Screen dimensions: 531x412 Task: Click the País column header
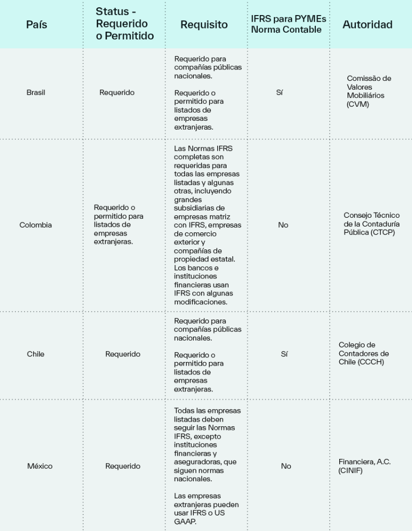pos(36,24)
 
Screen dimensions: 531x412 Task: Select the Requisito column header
pos(204,24)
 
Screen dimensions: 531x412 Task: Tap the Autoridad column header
pos(367,24)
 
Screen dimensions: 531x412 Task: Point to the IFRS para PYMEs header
pos(288,24)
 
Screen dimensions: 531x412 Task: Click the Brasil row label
pos(36,92)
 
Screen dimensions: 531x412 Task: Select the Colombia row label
pos(36,225)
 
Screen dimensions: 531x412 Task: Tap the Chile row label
pos(36,354)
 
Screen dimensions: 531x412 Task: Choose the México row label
pos(39,466)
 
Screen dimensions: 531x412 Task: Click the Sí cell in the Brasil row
pos(280,92)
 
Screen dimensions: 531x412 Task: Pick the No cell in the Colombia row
pos(283,225)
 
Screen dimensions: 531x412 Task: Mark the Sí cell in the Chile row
pos(284,354)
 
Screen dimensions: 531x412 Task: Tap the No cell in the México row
pos(286,466)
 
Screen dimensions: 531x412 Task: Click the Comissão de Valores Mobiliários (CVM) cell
pos(369,91)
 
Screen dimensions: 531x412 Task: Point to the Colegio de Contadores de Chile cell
pos(364,354)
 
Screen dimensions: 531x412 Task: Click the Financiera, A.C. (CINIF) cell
pos(365,466)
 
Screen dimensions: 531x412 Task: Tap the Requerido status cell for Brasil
pos(117,92)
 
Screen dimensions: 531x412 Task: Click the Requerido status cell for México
pos(123,466)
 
